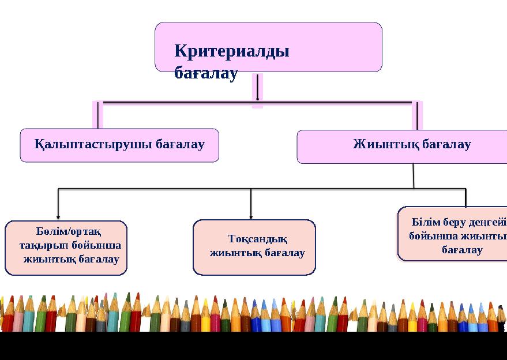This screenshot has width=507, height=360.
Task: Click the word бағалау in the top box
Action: point(206,73)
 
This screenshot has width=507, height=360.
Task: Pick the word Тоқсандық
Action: point(257,239)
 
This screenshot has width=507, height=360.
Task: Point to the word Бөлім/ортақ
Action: point(69,232)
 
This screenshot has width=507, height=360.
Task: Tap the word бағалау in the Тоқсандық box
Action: point(283,253)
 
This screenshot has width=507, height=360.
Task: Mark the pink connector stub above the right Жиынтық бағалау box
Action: point(416,116)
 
